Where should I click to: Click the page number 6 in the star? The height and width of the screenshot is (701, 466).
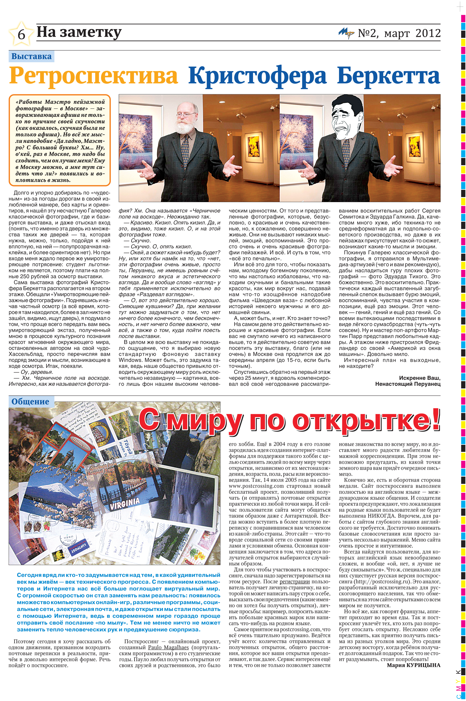pyautogui.click(x=21, y=34)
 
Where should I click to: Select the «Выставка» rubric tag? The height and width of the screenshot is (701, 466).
pyautogui.click(x=31, y=56)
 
